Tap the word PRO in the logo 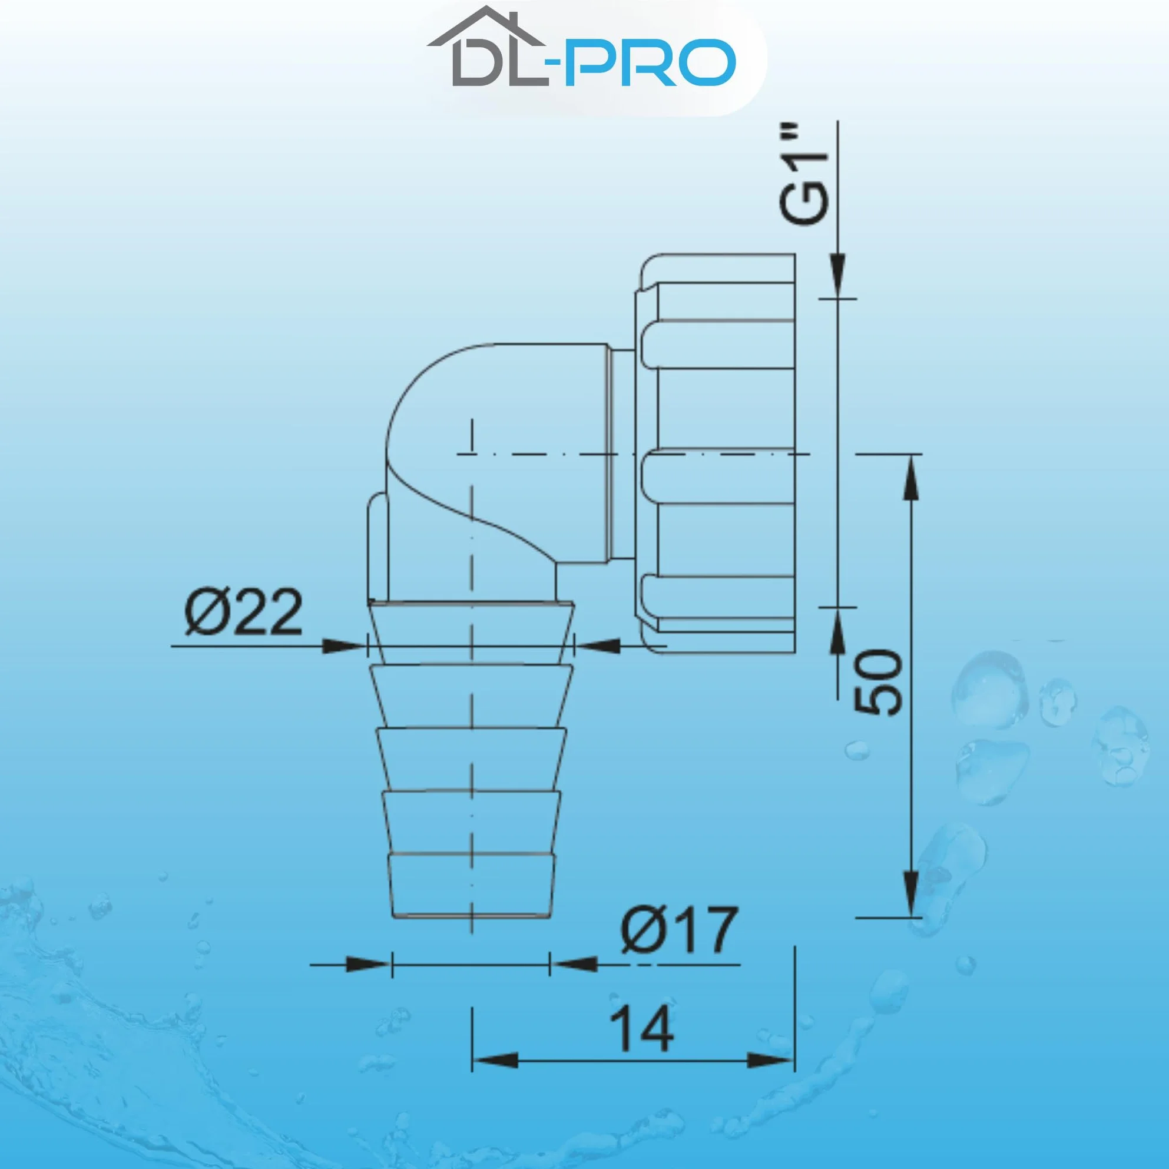(x=650, y=62)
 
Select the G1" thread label (x=803, y=181)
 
